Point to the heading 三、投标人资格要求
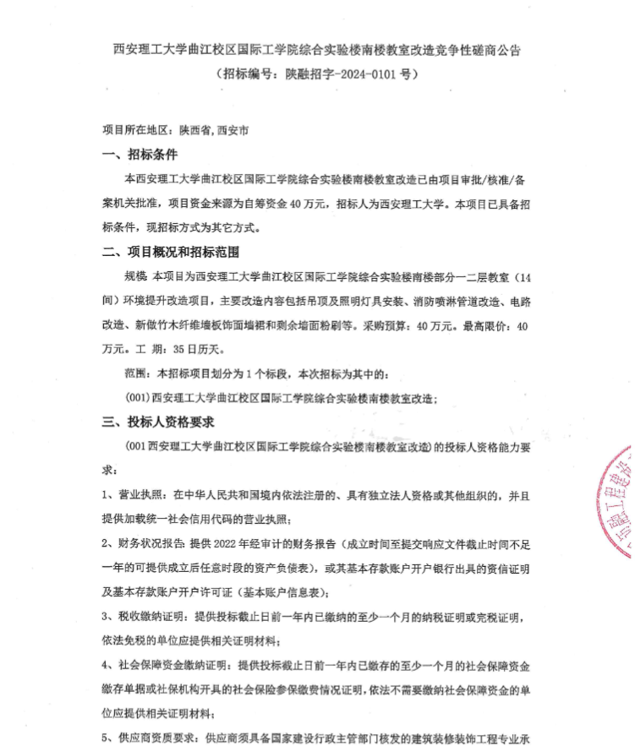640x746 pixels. click(x=158, y=421)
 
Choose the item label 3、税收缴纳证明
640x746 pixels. click(x=145, y=616)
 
